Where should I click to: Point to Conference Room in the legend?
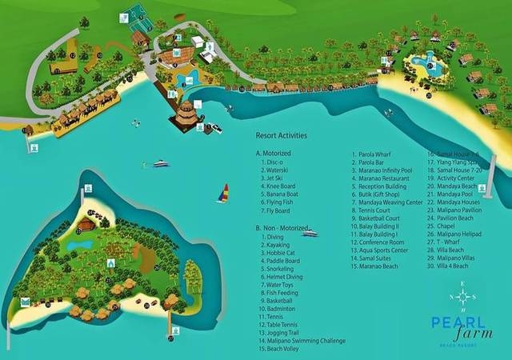tap(382, 242)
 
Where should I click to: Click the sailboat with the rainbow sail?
tap(224, 194)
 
